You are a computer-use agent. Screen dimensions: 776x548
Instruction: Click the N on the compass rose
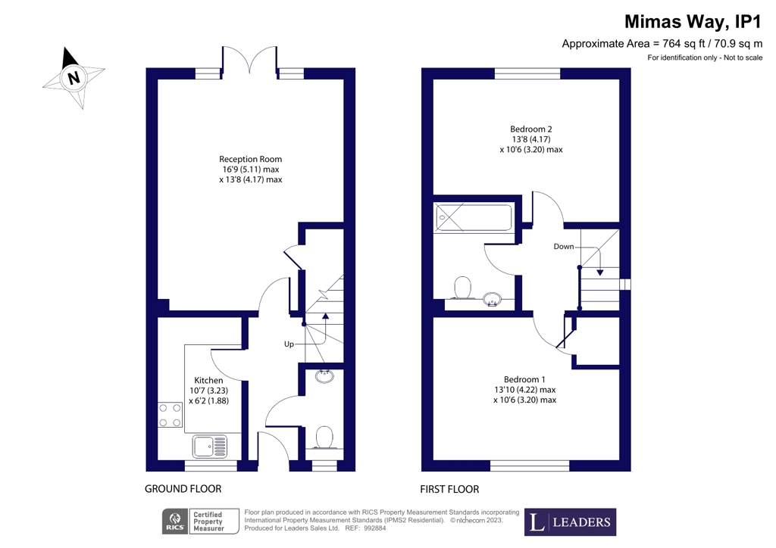point(74,78)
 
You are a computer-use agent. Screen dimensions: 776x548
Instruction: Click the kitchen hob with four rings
point(170,415)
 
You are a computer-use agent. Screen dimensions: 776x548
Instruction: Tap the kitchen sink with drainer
point(210,447)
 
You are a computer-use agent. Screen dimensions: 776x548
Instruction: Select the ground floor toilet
point(324,437)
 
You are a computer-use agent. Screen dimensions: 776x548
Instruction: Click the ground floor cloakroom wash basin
point(324,375)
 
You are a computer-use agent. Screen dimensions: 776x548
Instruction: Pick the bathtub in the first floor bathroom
point(473,218)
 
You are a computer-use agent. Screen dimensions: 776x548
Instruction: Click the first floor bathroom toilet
point(463,288)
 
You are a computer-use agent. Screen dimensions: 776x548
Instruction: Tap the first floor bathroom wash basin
point(493,299)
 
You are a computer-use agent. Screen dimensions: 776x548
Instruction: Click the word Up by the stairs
point(289,344)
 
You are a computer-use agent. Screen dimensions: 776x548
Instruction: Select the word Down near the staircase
point(564,247)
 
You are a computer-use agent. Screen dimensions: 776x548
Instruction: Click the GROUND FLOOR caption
point(183,489)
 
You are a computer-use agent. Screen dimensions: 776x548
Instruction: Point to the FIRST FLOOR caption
point(449,489)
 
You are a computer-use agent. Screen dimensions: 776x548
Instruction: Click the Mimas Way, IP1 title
point(693,22)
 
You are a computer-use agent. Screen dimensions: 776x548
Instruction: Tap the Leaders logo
point(570,522)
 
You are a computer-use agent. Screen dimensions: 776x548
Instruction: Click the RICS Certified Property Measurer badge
point(200,522)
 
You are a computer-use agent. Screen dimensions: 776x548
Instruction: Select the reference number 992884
point(374,528)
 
